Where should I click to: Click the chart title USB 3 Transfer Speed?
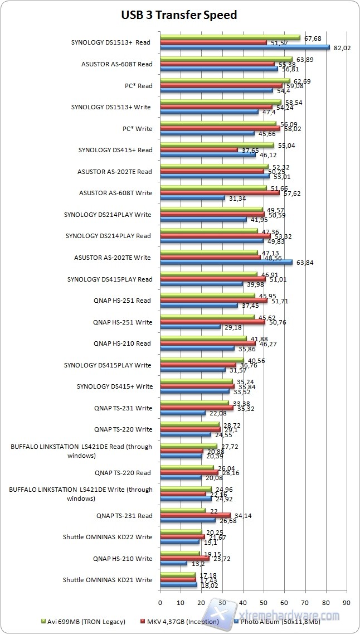[179, 15]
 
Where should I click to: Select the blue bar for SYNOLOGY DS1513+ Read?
[245, 47]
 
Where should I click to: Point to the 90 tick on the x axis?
[346, 602]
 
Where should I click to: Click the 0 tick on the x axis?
[160, 602]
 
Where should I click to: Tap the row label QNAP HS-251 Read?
[123, 301]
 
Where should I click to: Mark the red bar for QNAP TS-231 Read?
[195, 516]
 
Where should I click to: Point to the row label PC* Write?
[137, 129]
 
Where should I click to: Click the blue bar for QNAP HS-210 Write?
[173, 564]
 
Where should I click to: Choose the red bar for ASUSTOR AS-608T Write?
[220, 193]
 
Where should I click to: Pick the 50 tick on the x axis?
[264, 602]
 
